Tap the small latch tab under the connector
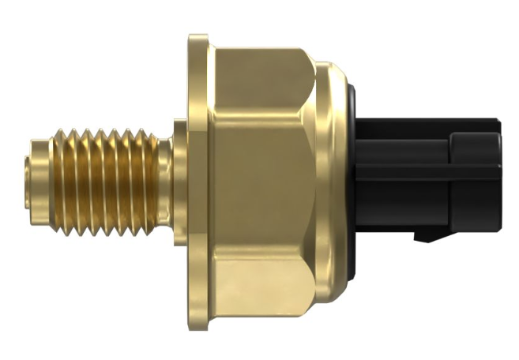[427, 235]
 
